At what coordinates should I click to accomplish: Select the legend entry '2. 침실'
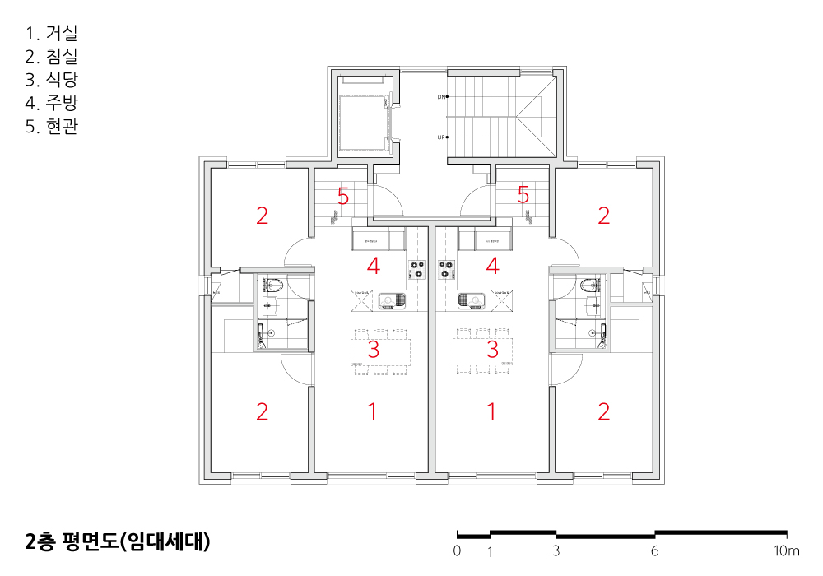coord(51,57)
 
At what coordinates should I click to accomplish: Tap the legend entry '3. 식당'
coord(51,80)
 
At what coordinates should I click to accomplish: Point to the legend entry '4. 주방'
coord(51,103)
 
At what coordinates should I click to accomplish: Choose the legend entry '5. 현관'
coord(51,127)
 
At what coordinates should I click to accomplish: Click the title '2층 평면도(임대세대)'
coord(119,541)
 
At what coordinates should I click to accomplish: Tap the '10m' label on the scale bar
coord(786,551)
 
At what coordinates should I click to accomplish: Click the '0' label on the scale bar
coord(458,551)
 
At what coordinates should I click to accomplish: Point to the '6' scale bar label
coord(655,551)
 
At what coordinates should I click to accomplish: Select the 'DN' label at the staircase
coord(440,97)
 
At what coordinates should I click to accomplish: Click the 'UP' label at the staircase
coord(440,137)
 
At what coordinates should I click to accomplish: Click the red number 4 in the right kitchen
coord(492,266)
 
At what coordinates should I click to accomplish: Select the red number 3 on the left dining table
coord(373,350)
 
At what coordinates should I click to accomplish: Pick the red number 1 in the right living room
coord(492,411)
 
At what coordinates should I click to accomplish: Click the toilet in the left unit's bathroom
coord(274,286)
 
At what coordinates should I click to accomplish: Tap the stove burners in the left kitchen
coord(416,268)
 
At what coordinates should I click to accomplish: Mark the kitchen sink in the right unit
coord(470,300)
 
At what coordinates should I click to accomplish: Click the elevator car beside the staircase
coord(363,114)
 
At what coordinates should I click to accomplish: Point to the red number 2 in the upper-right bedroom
coord(604,216)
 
